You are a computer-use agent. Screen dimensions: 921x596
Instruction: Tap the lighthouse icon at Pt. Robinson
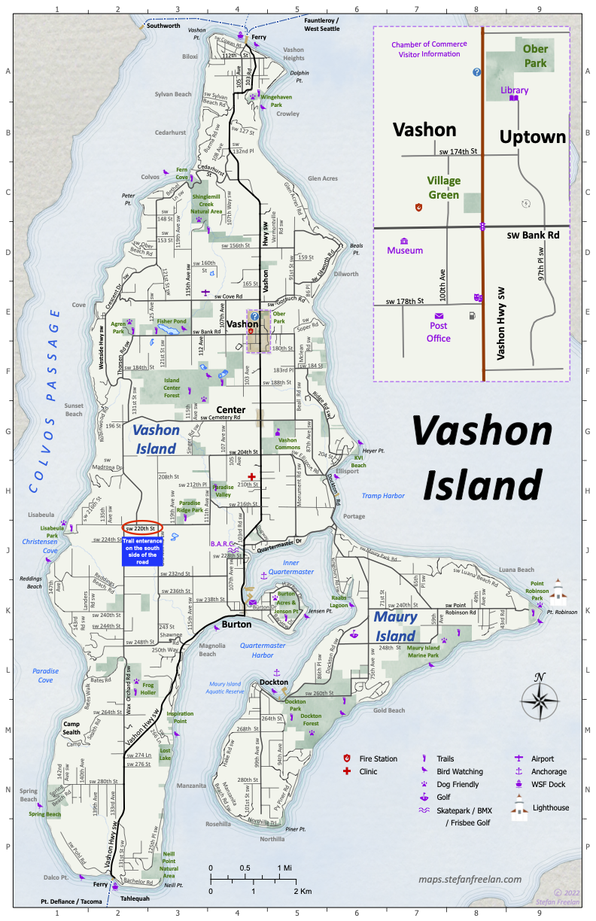point(558,592)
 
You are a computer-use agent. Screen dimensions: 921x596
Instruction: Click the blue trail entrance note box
point(140,551)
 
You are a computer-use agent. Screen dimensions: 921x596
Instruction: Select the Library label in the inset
point(515,90)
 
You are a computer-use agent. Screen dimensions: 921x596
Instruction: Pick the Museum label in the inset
point(405,251)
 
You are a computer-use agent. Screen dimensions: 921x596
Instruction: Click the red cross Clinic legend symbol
point(347,772)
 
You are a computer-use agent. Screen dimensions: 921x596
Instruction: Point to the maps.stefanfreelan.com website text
point(470,878)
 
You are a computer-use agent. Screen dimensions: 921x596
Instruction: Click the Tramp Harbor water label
point(383,496)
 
